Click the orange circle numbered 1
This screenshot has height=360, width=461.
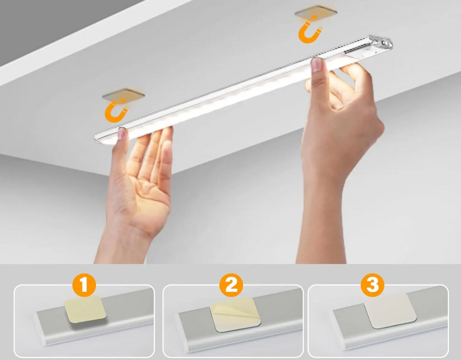click(x=84, y=285)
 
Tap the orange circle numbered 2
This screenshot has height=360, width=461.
click(x=231, y=285)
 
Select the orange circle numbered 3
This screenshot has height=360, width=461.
click(x=372, y=285)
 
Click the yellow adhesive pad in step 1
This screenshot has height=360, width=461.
click(x=85, y=309)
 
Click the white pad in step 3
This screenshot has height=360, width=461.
click(x=391, y=310)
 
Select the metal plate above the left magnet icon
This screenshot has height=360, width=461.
click(x=123, y=94)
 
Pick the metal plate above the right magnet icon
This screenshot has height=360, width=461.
click(x=316, y=12)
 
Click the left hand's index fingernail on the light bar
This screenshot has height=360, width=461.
click(x=122, y=134)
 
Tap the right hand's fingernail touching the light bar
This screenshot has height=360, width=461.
click(x=316, y=65)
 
